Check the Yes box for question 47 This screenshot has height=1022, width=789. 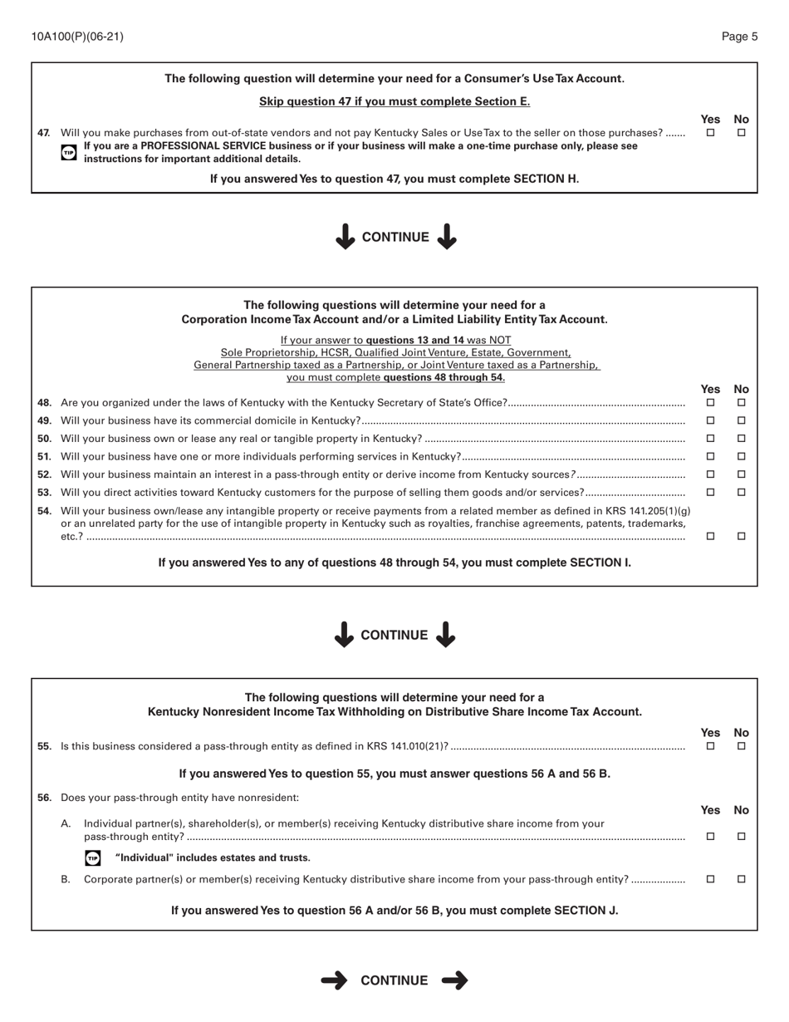pyautogui.click(x=710, y=132)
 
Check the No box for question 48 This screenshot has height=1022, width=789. pyautogui.click(x=742, y=402)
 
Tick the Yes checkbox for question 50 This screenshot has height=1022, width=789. pyautogui.click(x=710, y=438)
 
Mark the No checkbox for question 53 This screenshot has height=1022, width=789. pyautogui.click(x=742, y=492)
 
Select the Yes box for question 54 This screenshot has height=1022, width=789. pyautogui.click(x=710, y=537)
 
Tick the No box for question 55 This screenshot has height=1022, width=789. pyautogui.click(x=742, y=746)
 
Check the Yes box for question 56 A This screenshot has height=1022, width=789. pyautogui.click(x=710, y=837)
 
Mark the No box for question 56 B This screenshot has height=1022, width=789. pyautogui.click(x=742, y=879)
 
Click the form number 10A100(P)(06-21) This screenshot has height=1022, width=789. pyautogui.click(x=77, y=37)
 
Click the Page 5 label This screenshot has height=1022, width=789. pyautogui.click(x=739, y=37)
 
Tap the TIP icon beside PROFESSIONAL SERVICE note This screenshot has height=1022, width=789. pyautogui.click(x=69, y=152)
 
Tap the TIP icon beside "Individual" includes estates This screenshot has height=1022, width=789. pyautogui.click(x=93, y=857)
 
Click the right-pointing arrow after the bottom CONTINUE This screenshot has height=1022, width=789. pyautogui.click(x=455, y=980)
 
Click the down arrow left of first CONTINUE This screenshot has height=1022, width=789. pyautogui.click(x=345, y=237)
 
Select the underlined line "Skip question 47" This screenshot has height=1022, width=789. pyautogui.click(x=394, y=101)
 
